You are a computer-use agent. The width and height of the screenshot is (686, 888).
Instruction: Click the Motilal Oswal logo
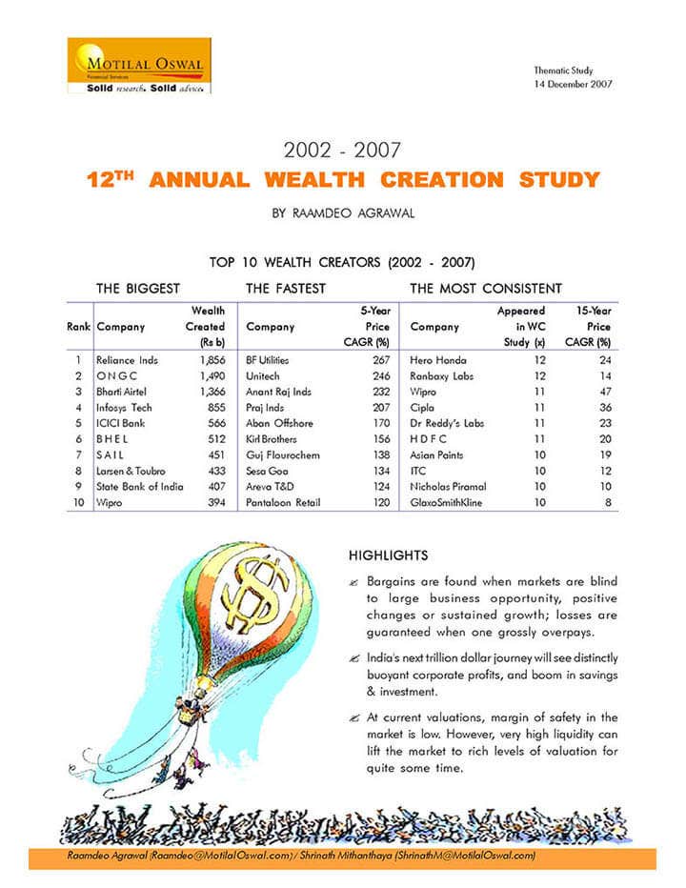[139, 65]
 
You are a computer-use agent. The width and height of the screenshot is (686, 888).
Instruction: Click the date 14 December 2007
[573, 83]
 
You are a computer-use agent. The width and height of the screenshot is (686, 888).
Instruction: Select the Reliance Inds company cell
[128, 361]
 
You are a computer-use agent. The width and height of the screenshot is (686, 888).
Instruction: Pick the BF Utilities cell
[268, 361]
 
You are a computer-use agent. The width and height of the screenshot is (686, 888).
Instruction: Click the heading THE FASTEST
[285, 288]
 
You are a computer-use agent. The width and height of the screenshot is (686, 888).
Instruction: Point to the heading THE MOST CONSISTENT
[485, 288]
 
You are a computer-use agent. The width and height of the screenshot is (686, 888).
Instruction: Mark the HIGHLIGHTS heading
[388, 555]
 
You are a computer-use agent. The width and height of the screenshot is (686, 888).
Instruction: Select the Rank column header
[78, 327]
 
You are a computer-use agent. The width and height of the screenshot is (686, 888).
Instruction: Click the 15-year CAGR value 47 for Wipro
[602, 393]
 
